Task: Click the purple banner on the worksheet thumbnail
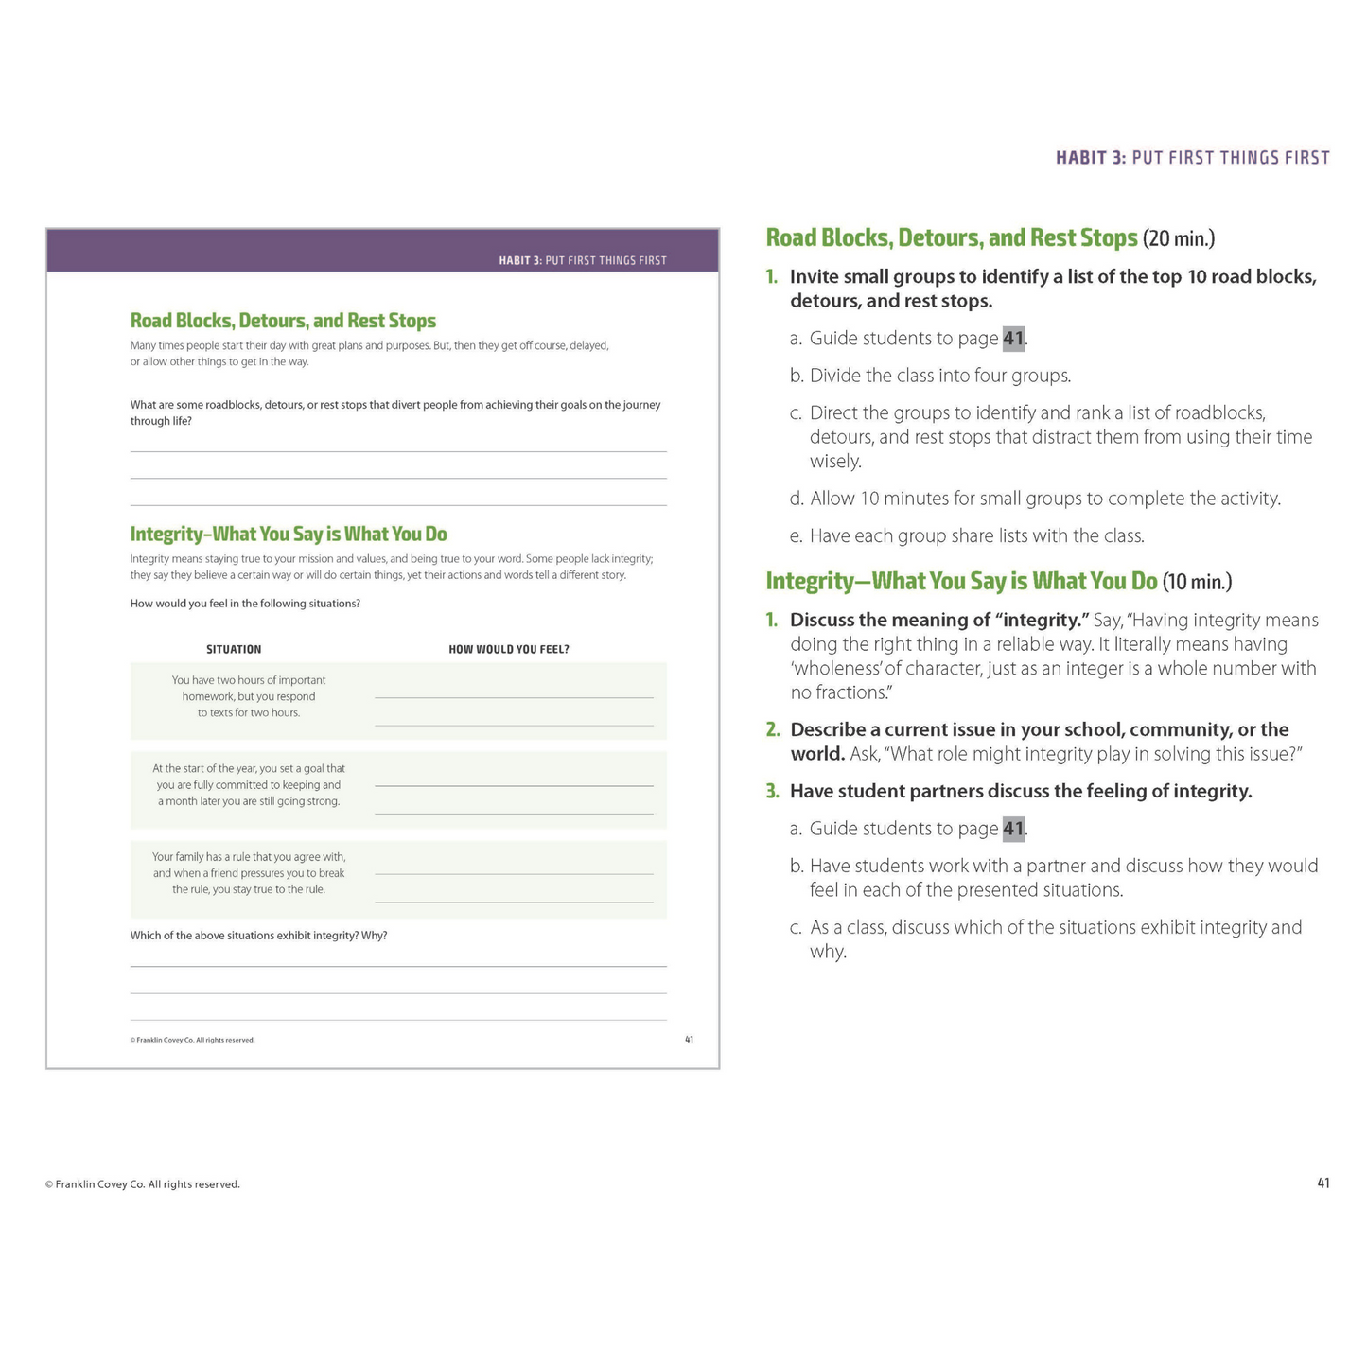(x=382, y=251)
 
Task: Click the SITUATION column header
(x=234, y=649)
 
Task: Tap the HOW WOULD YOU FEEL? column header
(x=509, y=649)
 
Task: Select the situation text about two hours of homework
(x=249, y=696)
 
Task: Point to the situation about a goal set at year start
(x=249, y=785)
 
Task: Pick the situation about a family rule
(x=249, y=873)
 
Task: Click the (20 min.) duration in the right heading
(x=1179, y=237)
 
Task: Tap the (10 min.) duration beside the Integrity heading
(x=1197, y=581)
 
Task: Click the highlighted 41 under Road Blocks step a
(x=1013, y=339)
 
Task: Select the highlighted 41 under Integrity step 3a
(x=1013, y=830)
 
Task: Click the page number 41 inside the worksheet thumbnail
(x=689, y=1040)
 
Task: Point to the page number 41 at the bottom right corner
(x=1323, y=1183)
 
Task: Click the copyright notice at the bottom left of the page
(x=142, y=1184)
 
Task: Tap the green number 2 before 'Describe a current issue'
(x=773, y=730)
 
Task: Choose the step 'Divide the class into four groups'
(x=939, y=376)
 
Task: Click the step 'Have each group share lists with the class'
(x=976, y=536)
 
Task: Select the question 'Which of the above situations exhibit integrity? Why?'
(x=258, y=936)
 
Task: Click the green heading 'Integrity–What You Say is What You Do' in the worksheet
(x=289, y=534)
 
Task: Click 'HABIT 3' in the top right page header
(x=1091, y=158)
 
